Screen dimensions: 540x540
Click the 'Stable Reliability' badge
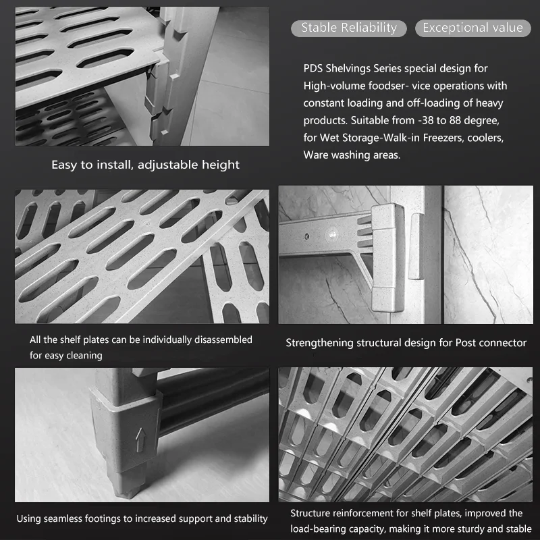coord(348,28)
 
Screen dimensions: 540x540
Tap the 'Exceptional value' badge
coord(473,28)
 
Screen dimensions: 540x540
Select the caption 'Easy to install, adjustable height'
coord(146,165)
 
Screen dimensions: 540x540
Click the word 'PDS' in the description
coord(314,68)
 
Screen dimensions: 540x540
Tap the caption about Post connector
coord(406,343)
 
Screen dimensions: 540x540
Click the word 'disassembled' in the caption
coord(221,340)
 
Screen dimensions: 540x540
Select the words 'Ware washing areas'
coord(352,155)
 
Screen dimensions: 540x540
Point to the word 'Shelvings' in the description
coord(353,68)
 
